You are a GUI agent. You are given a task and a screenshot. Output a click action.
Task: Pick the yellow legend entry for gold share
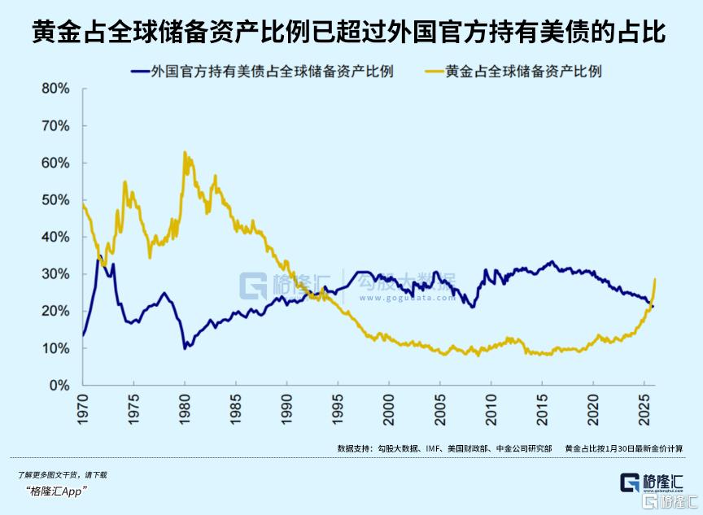coord(528,72)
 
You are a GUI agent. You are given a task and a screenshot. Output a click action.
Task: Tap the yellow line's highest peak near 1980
coord(185,152)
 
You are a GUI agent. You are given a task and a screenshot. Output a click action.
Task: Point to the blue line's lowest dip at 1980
coord(185,348)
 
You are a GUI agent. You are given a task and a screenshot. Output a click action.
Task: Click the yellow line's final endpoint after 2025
coord(655,280)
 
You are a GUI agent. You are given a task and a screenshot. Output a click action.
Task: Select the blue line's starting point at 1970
coord(83,335)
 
